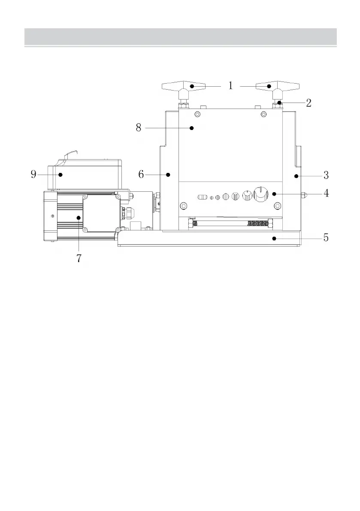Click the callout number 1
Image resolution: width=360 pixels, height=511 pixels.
click(231, 86)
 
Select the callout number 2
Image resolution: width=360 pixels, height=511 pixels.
click(309, 103)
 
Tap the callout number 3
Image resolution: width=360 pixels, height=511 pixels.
click(326, 175)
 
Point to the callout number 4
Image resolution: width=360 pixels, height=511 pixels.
click(326, 194)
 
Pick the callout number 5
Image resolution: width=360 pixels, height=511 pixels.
click(326, 237)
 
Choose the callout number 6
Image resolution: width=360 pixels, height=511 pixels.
click(141, 174)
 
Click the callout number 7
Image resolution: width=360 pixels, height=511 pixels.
click(79, 258)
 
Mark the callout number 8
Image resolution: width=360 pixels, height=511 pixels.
click(139, 128)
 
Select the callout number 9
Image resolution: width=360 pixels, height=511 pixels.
click(33, 174)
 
